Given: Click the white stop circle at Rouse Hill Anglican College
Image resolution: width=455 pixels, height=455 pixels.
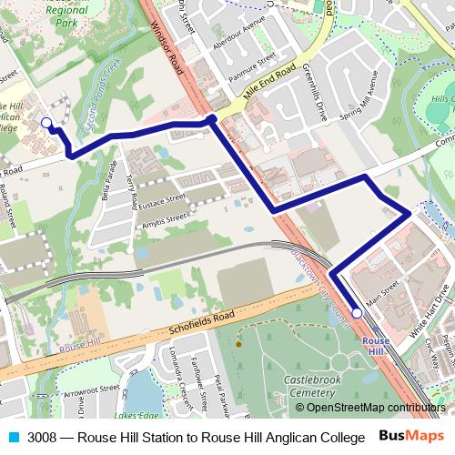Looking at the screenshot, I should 46,122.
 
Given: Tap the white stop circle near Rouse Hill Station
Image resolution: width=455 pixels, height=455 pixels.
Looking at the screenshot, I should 357,313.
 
